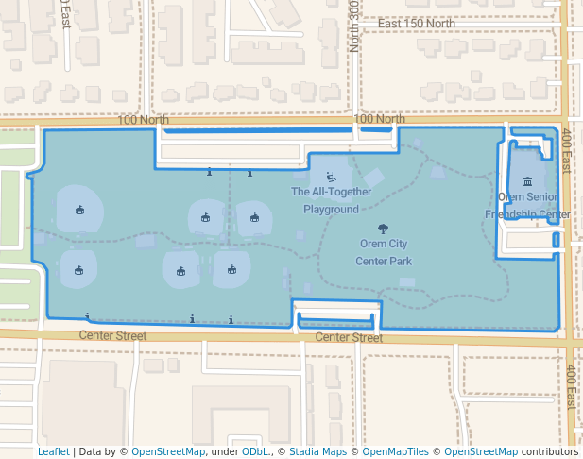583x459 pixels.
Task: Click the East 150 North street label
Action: tap(416, 24)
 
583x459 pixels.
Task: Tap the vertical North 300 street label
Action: tap(354, 25)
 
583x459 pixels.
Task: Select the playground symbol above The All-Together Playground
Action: tap(331, 177)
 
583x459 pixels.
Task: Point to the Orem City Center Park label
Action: tap(386, 252)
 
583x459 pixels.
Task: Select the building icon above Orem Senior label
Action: tap(526, 181)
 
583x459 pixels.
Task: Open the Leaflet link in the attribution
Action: tap(53, 451)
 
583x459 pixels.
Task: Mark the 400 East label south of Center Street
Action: tap(572, 387)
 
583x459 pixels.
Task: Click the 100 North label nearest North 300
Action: tap(379, 119)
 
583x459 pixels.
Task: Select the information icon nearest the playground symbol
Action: tap(249, 174)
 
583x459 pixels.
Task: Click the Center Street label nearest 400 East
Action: tap(349, 337)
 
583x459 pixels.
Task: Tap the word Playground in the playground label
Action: tap(331, 209)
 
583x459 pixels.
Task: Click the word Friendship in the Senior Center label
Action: tap(511, 214)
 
